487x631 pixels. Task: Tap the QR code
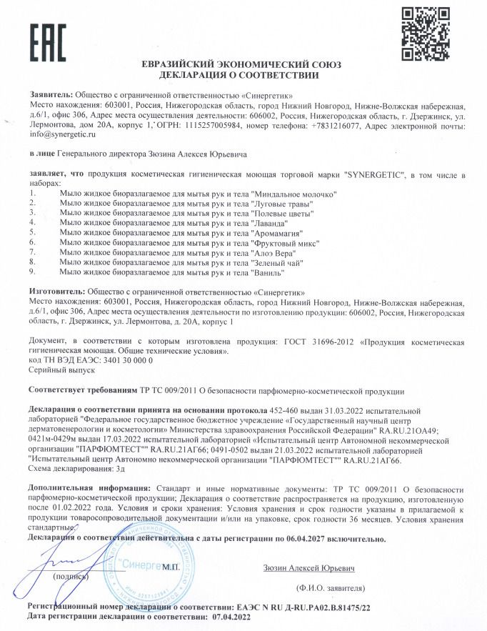click(x=425, y=33)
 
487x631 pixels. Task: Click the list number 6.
click(x=32, y=243)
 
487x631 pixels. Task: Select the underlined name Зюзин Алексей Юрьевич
click(x=308, y=569)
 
